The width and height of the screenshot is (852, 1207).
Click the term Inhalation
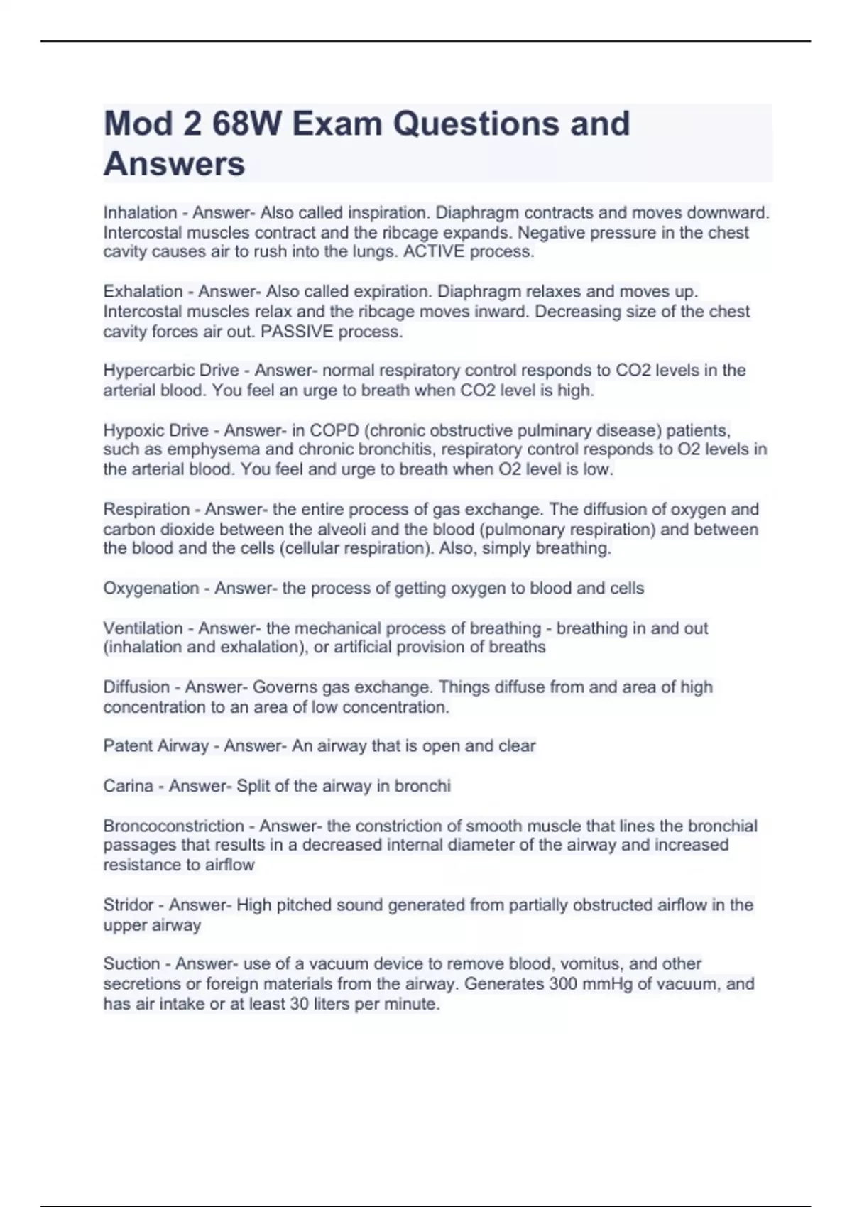coord(140,212)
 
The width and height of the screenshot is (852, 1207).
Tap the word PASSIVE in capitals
coord(297,332)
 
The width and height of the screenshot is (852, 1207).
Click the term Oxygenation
coord(151,588)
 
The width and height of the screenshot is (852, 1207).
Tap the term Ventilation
coord(143,628)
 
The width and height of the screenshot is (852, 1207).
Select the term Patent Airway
coord(155,745)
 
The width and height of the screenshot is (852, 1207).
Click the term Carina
coord(128,786)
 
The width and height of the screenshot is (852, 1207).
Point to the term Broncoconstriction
coord(173,826)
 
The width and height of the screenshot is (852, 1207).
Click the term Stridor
coord(128,905)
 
